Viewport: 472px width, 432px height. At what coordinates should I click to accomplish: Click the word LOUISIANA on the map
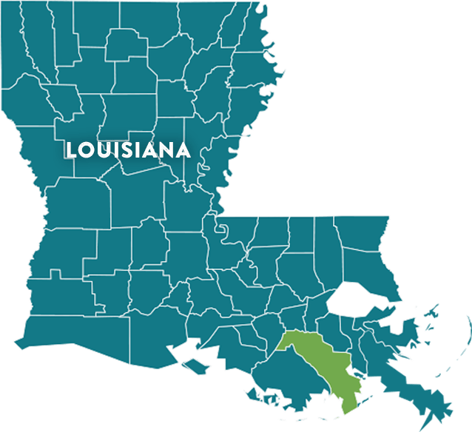128,150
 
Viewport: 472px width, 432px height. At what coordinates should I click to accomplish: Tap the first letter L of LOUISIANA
70,150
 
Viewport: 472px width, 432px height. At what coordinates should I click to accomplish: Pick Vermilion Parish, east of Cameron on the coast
159,337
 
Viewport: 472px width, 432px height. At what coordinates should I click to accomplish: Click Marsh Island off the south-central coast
195,365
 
